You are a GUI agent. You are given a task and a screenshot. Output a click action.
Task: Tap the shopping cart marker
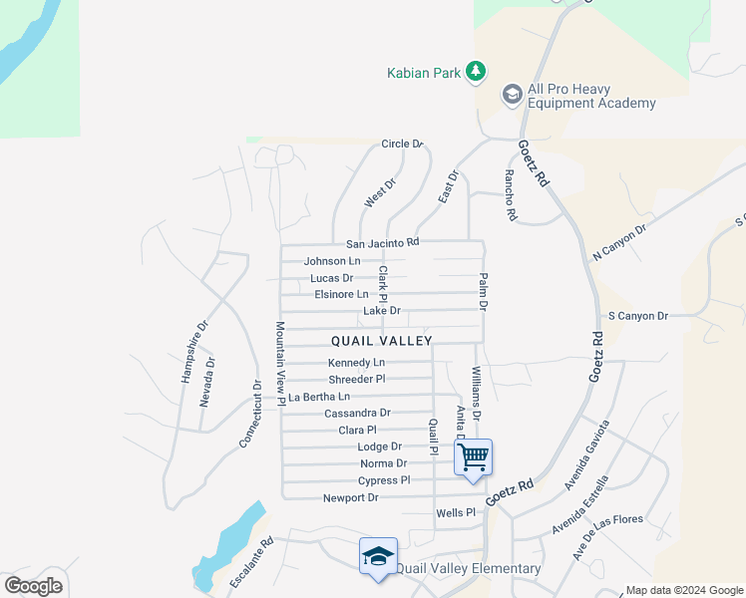pyautogui.click(x=473, y=456)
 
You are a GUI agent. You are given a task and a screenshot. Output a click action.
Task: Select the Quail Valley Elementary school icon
pyautogui.click(x=378, y=556)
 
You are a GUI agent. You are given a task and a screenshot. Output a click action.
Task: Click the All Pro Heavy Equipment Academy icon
pyautogui.click(x=513, y=95)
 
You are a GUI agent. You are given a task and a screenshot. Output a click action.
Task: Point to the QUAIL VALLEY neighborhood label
pyautogui.click(x=382, y=341)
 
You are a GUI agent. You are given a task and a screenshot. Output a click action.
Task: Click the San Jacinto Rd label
pyautogui.click(x=382, y=243)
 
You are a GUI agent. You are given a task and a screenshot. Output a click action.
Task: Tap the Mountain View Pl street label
pyautogui.click(x=281, y=363)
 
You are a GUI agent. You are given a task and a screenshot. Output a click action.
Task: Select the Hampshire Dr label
pyautogui.click(x=193, y=352)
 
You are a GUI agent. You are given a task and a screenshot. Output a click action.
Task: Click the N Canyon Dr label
pyautogui.click(x=619, y=242)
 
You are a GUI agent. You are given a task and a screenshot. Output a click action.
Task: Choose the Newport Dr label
pyautogui.click(x=350, y=497)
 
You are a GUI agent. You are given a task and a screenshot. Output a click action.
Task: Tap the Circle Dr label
pyautogui.click(x=403, y=145)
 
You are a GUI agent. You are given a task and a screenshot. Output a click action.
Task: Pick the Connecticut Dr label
pyautogui.click(x=250, y=413)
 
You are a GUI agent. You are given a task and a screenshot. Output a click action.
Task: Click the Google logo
pyautogui.click(x=33, y=585)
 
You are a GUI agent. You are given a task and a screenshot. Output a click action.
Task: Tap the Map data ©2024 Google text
pyautogui.click(x=682, y=590)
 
